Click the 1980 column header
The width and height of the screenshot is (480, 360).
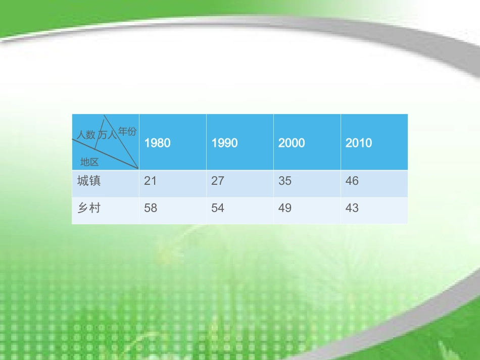click(157, 143)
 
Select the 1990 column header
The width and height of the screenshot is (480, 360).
click(224, 143)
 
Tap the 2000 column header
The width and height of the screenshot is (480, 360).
click(292, 143)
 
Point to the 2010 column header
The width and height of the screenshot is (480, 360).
click(359, 143)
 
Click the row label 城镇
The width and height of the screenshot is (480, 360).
click(89, 181)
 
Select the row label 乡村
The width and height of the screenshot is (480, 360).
click(89, 208)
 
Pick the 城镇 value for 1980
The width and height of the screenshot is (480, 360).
click(150, 181)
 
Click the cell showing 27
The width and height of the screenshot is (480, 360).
click(217, 181)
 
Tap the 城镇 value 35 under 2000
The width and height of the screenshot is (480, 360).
click(284, 181)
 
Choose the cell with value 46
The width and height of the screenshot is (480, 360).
click(352, 181)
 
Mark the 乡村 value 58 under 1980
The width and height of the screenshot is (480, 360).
click(150, 208)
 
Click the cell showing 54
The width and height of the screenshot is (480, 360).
click(217, 208)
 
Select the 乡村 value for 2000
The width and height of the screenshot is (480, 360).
click(284, 208)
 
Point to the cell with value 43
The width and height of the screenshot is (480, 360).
click(352, 208)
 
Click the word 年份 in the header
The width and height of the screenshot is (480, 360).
click(127, 132)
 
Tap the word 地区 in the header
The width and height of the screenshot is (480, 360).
click(89, 162)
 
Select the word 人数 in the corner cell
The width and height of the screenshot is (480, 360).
click(86, 135)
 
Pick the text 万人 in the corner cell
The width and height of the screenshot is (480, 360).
click(108, 135)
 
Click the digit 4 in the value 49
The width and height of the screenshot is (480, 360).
click(281, 208)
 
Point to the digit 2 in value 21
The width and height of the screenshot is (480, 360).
click(147, 181)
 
